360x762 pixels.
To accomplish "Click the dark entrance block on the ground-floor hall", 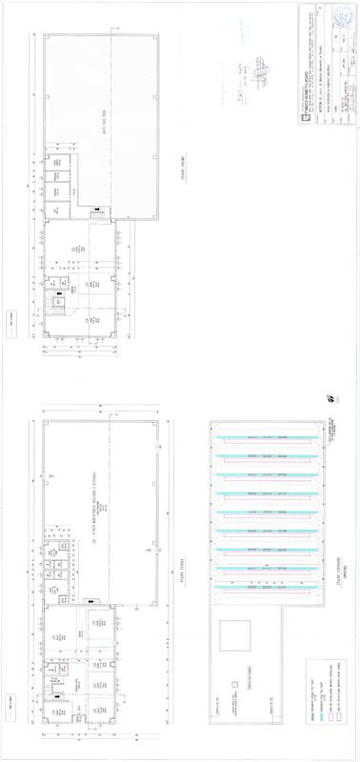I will tap(89, 601).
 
